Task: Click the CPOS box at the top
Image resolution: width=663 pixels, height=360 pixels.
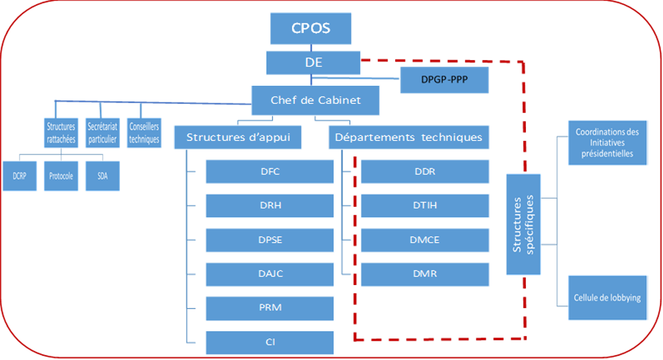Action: [311, 28]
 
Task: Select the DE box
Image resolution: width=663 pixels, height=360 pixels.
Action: [313, 63]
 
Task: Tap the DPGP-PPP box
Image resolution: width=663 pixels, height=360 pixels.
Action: [445, 79]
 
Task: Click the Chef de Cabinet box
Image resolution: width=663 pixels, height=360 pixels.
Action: [315, 101]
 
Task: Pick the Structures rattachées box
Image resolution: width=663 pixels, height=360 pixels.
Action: [61, 133]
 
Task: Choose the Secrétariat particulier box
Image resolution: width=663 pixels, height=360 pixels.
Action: [102, 133]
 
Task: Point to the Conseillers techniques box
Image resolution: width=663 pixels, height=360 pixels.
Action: [144, 133]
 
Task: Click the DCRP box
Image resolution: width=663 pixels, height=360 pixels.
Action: [19, 176]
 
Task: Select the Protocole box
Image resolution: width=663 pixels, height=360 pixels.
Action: [61, 176]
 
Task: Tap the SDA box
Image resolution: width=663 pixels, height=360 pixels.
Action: [102, 176]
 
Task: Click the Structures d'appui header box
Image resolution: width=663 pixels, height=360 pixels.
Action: [238, 137]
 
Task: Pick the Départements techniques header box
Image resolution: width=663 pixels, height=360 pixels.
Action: [409, 137]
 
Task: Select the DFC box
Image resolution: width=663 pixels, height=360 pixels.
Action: [270, 171]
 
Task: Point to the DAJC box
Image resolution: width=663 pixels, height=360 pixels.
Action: [270, 274]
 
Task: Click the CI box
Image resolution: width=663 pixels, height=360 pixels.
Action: [270, 342]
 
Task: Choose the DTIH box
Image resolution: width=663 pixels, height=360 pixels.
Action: [425, 206]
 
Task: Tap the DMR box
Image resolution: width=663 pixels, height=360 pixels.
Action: [425, 274]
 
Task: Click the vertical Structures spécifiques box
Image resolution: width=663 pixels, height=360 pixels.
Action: [523, 224]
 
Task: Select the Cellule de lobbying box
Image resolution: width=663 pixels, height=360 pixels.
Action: [608, 298]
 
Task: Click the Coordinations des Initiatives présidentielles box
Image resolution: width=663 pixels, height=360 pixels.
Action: [608, 143]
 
